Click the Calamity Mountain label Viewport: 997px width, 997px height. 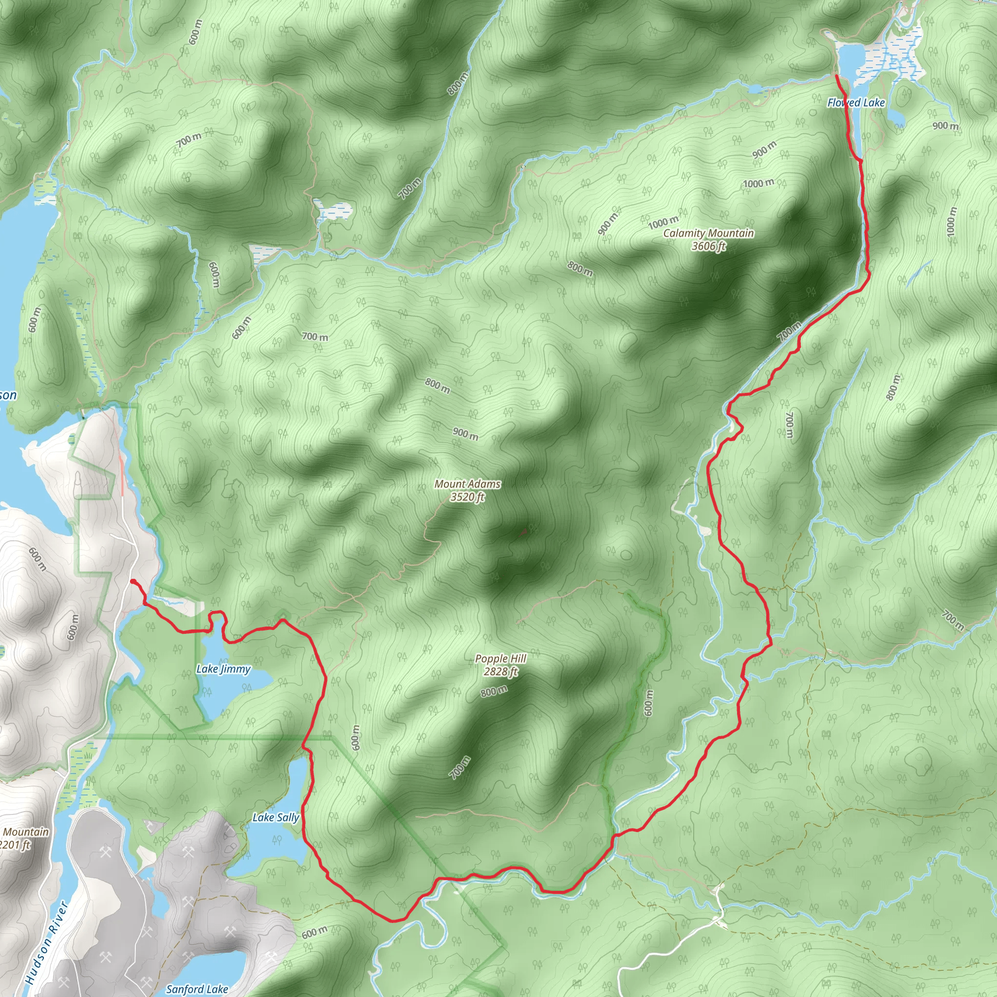[x=708, y=233]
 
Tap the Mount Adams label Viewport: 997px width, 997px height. [x=467, y=484]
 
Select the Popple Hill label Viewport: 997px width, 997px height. [x=500, y=659]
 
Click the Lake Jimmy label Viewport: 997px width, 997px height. [x=223, y=669]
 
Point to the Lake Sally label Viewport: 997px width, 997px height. [x=275, y=817]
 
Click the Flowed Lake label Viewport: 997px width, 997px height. [x=856, y=103]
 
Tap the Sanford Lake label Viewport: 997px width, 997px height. [x=197, y=989]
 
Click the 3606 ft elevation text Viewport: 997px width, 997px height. [x=708, y=246]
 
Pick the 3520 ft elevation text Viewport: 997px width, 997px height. [x=467, y=497]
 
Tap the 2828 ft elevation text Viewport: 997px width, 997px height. [x=500, y=671]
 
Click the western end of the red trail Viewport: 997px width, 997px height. [x=133, y=582]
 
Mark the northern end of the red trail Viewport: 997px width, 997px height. [x=835, y=76]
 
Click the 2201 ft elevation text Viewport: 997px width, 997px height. [x=16, y=845]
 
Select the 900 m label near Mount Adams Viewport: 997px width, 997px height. [x=465, y=433]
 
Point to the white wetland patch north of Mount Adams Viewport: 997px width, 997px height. [x=333, y=210]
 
